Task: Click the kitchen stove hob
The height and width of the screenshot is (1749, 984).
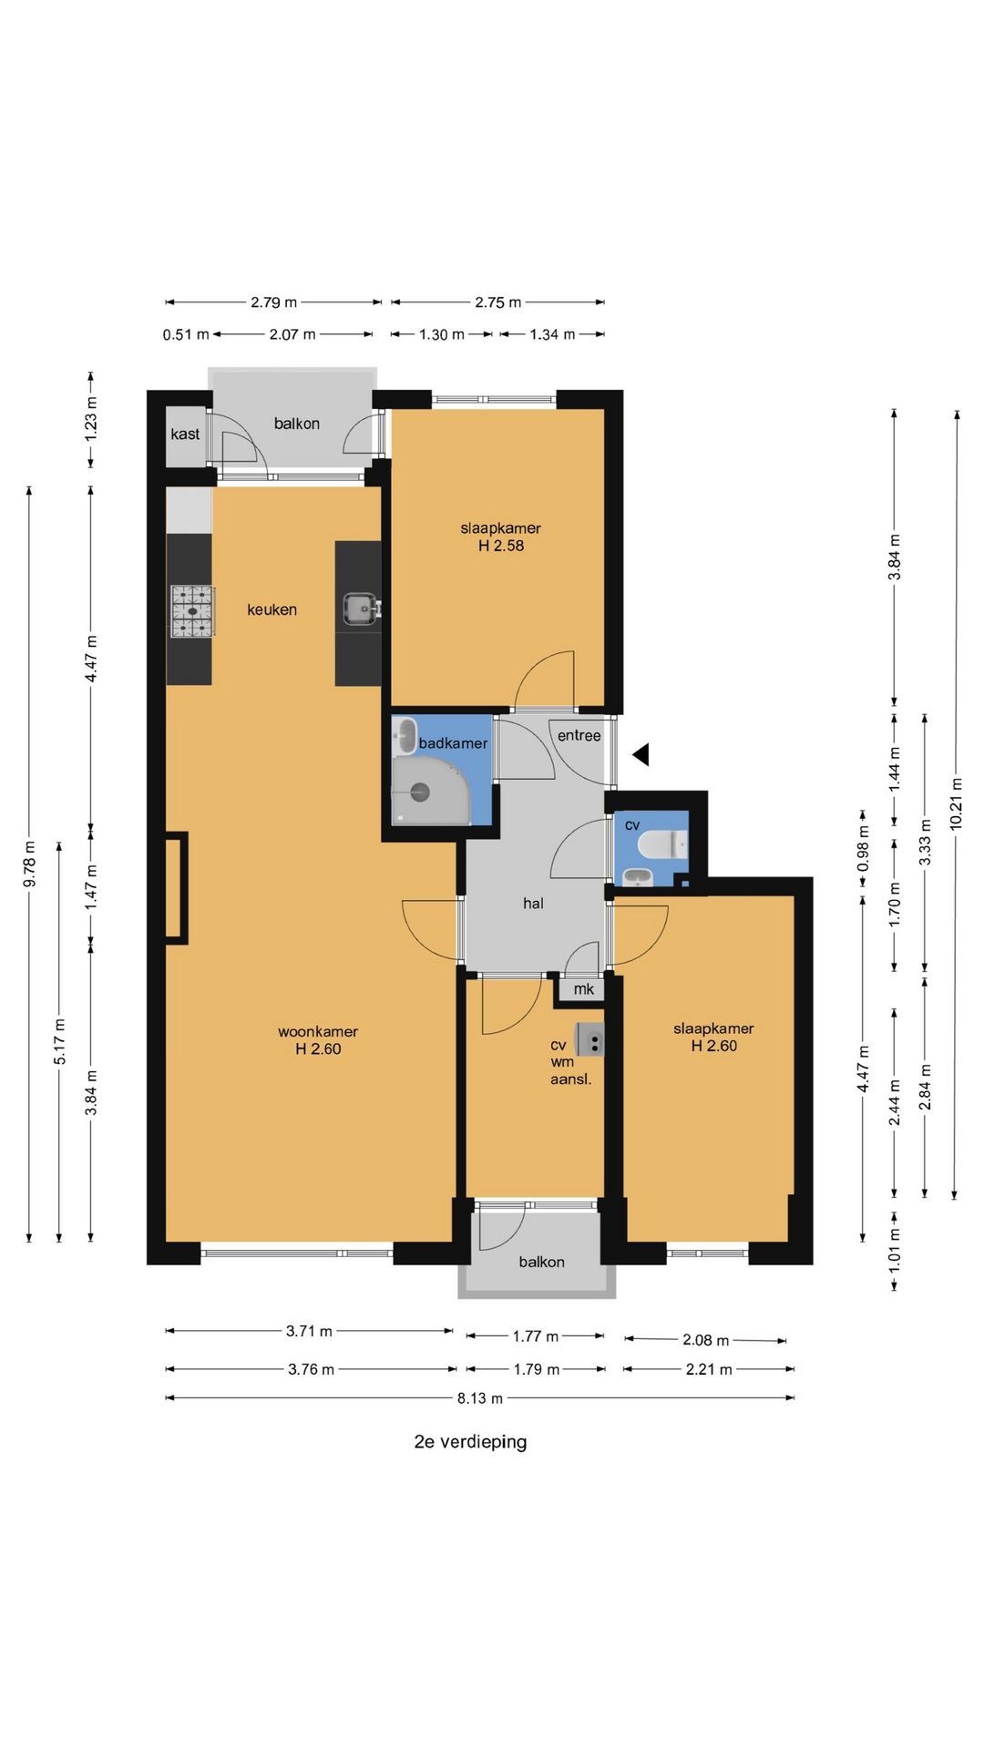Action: [x=192, y=610]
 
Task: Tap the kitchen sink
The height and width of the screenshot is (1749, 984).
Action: [x=361, y=609]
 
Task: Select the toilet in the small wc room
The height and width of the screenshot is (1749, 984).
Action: [x=661, y=845]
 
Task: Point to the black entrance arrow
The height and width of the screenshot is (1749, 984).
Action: [x=641, y=754]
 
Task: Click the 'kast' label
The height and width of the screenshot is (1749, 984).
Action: [x=185, y=435]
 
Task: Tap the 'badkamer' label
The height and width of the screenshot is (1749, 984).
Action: [x=453, y=743]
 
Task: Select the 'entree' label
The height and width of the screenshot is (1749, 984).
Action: [x=579, y=736]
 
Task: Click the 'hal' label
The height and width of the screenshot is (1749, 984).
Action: [x=533, y=904]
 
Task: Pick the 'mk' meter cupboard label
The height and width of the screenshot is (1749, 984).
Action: [x=584, y=989]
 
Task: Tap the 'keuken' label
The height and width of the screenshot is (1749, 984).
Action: [x=272, y=610]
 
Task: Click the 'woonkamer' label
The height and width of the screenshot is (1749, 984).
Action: [x=318, y=1032]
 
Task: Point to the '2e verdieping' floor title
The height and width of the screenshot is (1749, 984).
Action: [x=470, y=1442]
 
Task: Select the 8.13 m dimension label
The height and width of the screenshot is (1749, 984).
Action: [x=480, y=1398]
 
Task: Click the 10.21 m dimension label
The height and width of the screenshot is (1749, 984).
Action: [x=956, y=803]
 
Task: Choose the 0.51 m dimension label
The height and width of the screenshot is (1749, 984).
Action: [x=186, y=334]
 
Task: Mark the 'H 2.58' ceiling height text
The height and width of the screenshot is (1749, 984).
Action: [x=501, y=546]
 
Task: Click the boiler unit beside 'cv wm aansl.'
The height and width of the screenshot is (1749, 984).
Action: [x=590, y=1039]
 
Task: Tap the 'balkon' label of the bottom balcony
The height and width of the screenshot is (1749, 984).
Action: [x=541, y=1262]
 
